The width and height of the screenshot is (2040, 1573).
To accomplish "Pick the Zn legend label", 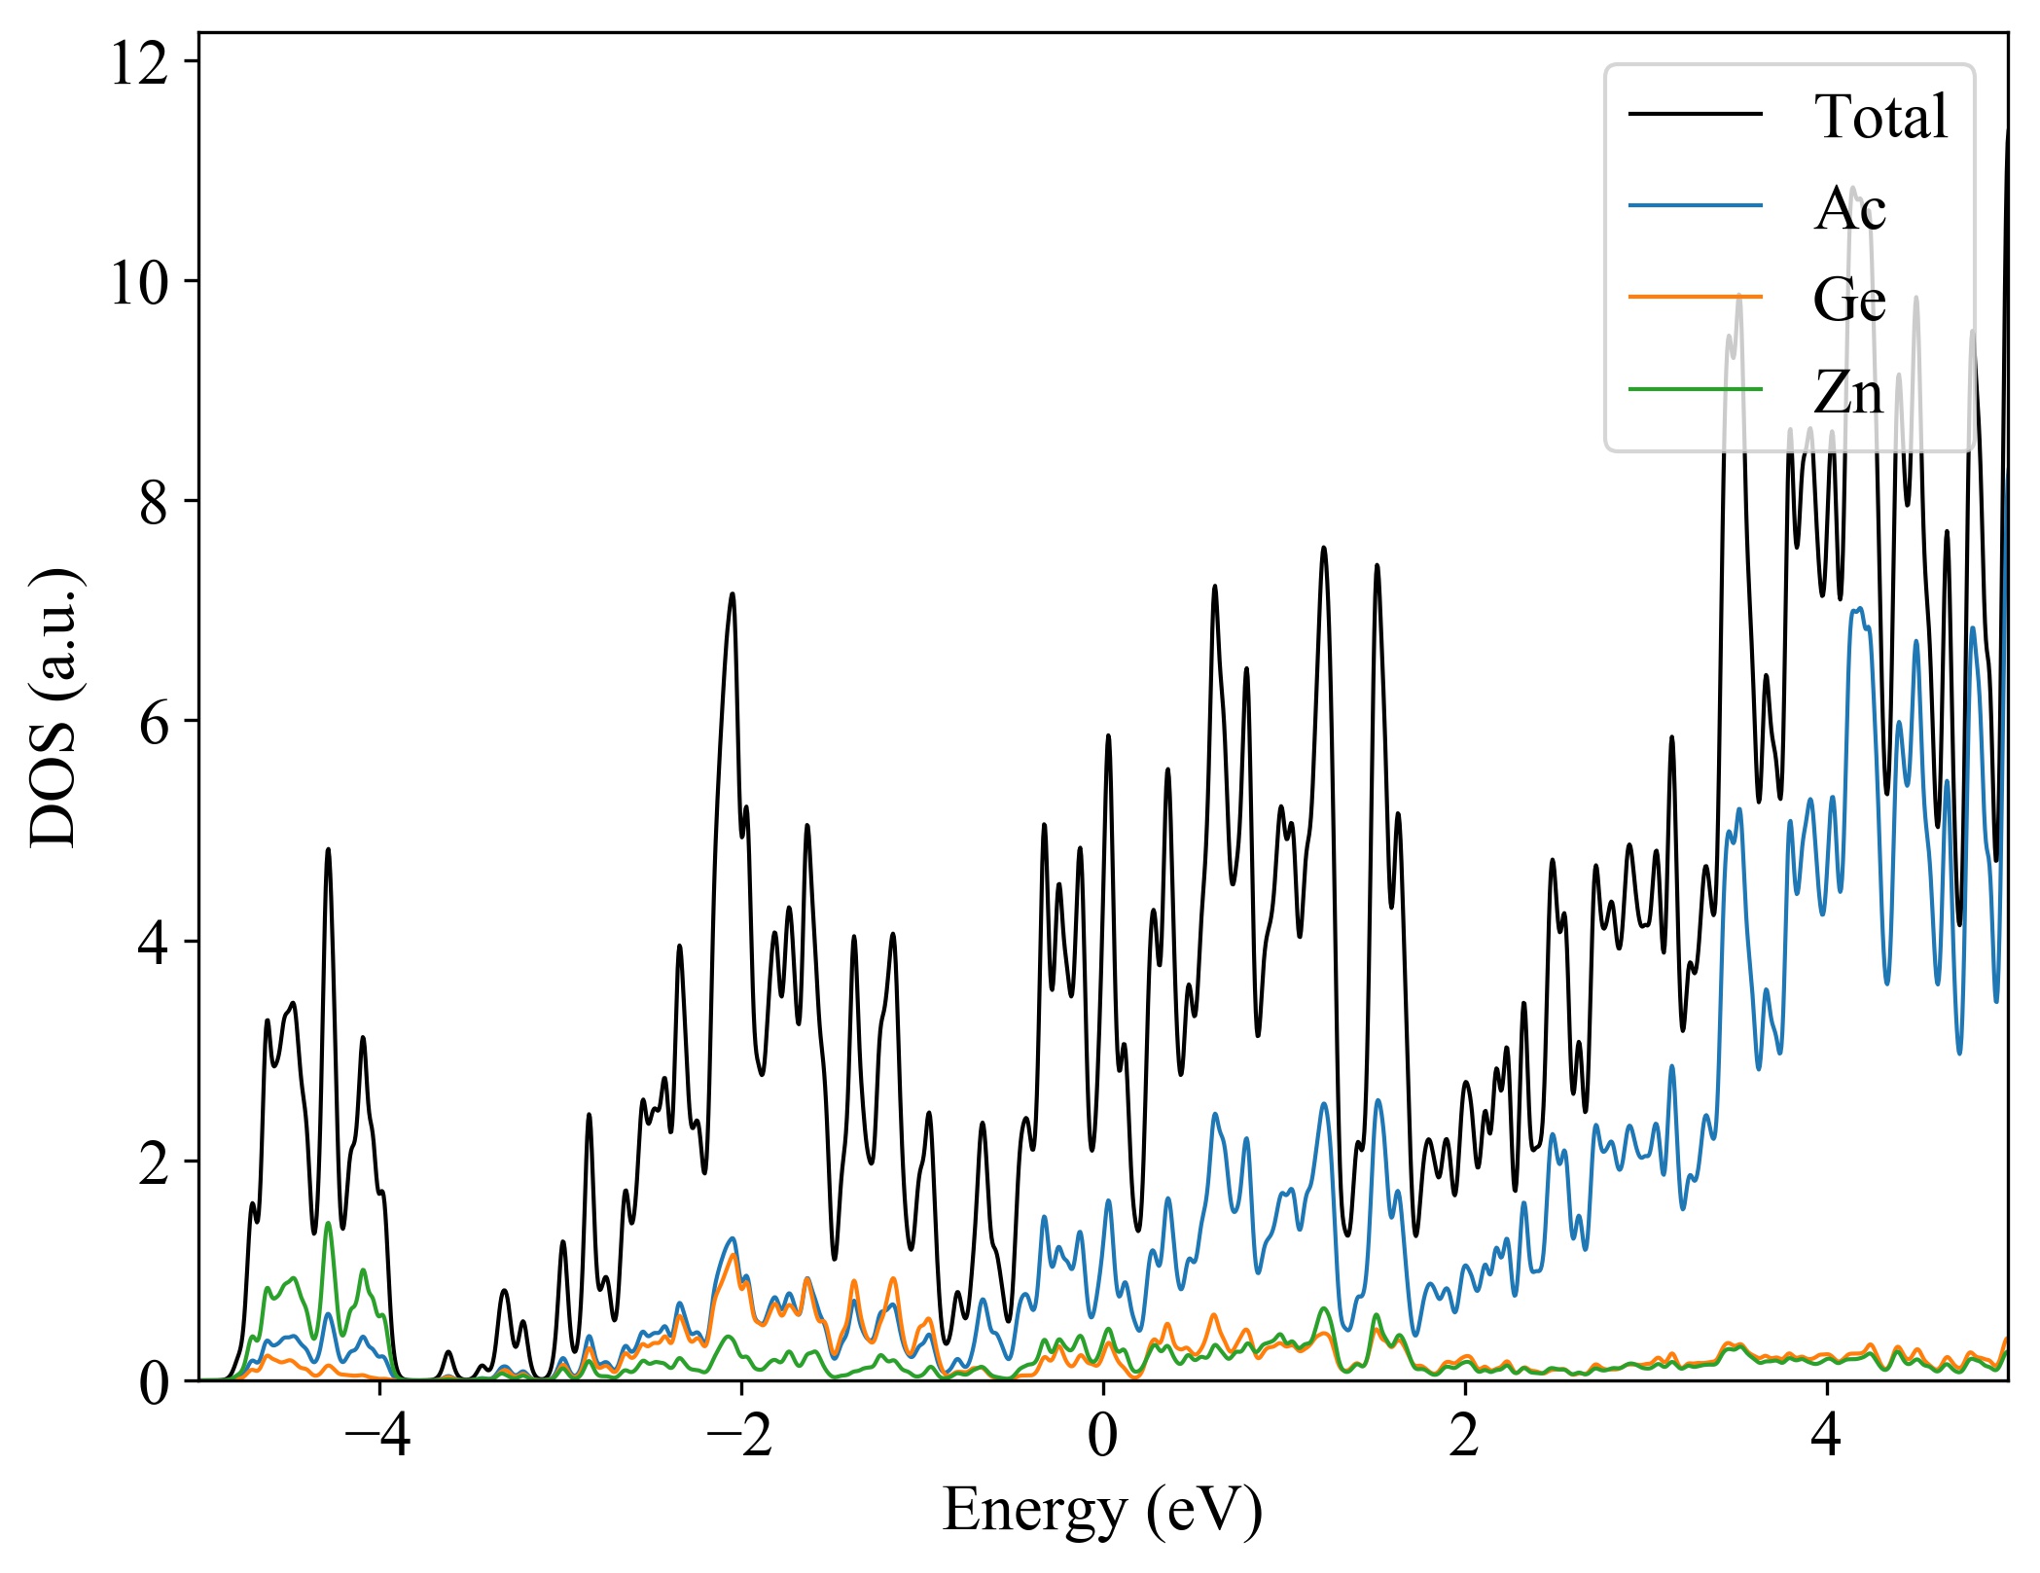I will (1847, 392).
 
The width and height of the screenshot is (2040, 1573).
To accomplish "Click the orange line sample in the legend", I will (1695, 296).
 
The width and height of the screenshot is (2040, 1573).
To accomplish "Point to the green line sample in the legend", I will (1695, 389).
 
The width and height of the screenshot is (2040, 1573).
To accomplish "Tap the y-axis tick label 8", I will (154, 503).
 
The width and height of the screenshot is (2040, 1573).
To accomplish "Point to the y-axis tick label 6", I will (154, 723).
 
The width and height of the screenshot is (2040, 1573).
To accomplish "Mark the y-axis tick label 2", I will (154, 1162).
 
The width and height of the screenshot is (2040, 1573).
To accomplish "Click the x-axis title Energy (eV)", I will (1102, 1511).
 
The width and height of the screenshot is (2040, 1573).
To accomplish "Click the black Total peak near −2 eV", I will (733, 594).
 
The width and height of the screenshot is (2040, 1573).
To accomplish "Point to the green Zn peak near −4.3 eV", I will (329, 1224).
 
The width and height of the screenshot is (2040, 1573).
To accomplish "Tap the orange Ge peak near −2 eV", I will (734, 1256).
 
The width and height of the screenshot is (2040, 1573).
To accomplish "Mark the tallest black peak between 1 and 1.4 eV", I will (1323, 549).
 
